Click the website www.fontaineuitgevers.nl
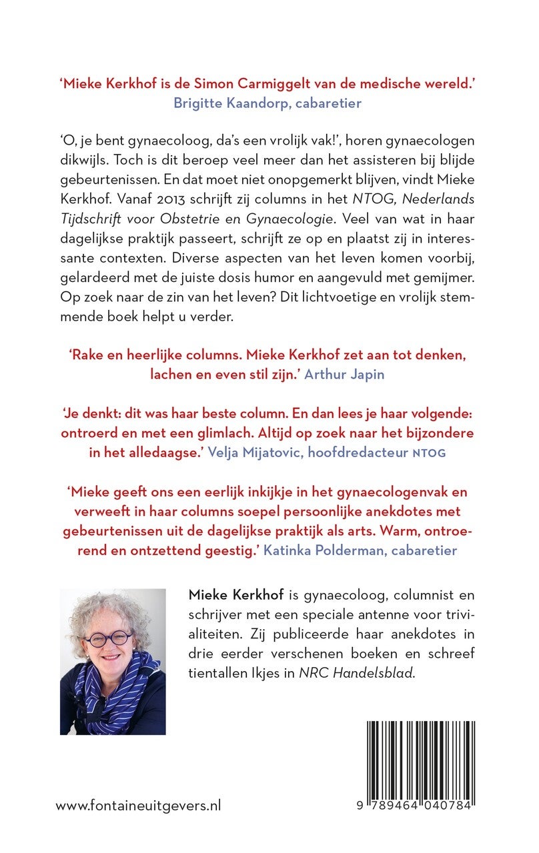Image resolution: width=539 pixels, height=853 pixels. [138, 806]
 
